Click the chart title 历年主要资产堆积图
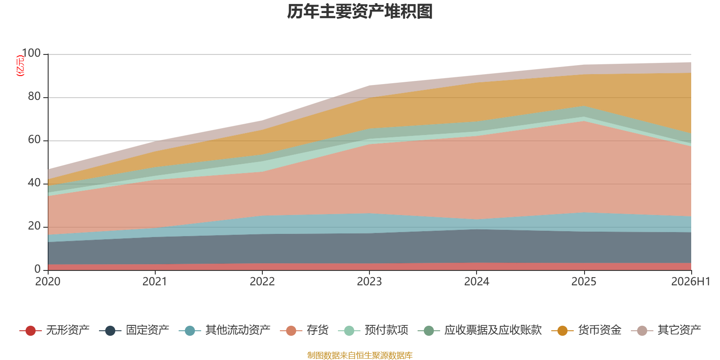click(360, 12)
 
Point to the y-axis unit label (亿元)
click(20, 66)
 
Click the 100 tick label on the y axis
click(31, 54)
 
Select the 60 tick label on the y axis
click(34, 140)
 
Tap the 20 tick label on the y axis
click(34, 226)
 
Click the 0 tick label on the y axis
click(38, 270)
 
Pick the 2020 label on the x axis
click(48, 282)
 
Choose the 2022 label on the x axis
click(262, 282)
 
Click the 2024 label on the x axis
click(477, 282)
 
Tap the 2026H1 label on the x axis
click(691, 282)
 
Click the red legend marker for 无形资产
click(31, 330)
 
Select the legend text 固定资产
click(148, 330)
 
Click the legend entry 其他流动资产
click(225, 330)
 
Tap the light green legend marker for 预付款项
click(349, 330)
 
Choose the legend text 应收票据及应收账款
click(493, 330)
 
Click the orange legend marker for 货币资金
click(562, 330)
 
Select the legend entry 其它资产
click(666, 330)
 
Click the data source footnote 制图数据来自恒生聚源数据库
click(360, 355)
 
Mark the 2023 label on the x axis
click(369, 282)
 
